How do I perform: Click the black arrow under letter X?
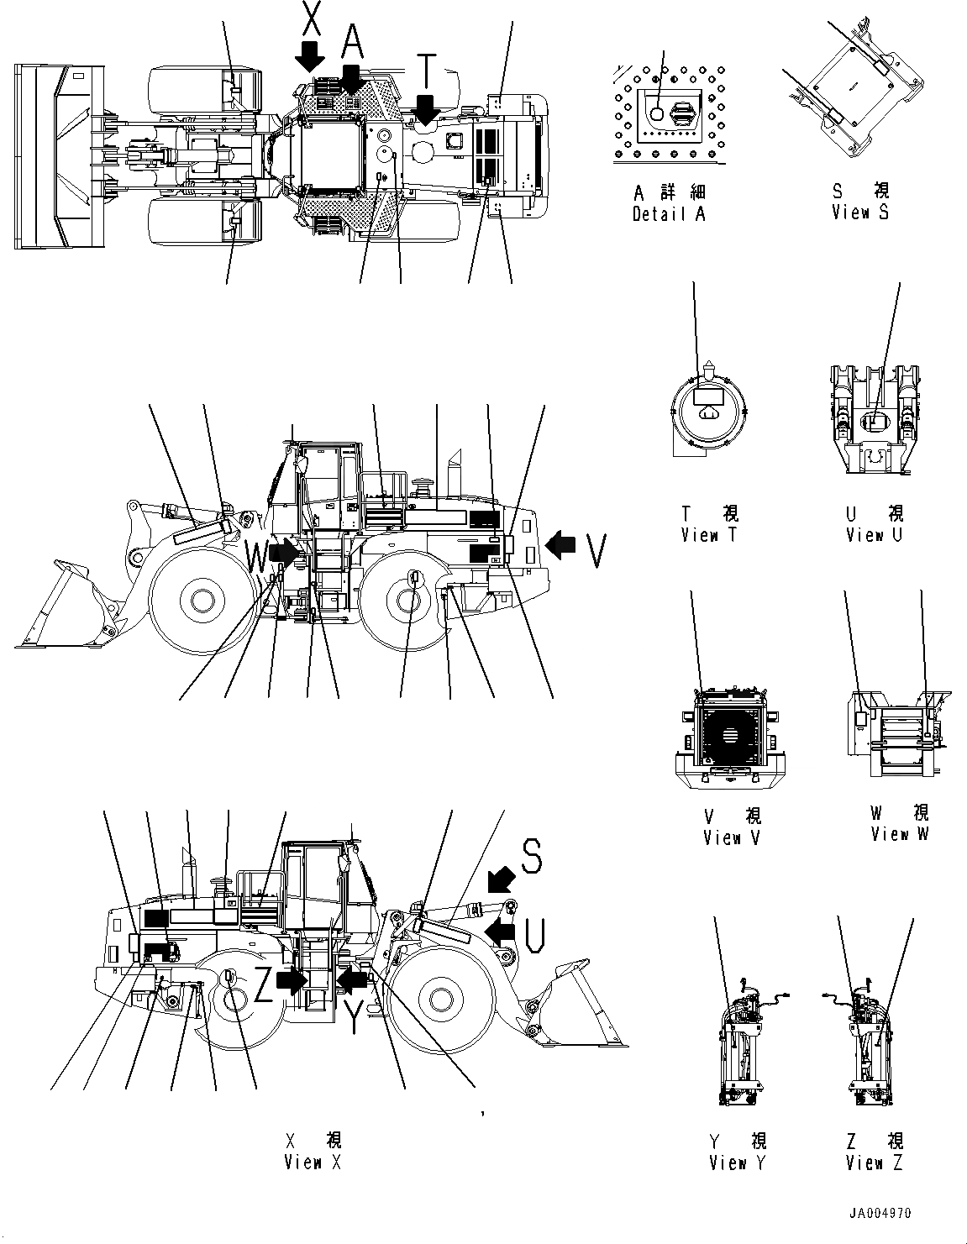click(x=311, y=55)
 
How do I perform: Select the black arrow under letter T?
click(x=426, y=109)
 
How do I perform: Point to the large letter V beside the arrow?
click(x=596, y=550)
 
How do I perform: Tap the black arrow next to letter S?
click(x=502, y=879)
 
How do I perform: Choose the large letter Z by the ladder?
click(x=263, y=989)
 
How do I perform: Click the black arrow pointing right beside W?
click(x=284, y=552)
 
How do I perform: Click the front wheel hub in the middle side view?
click(x=200, y=600)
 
